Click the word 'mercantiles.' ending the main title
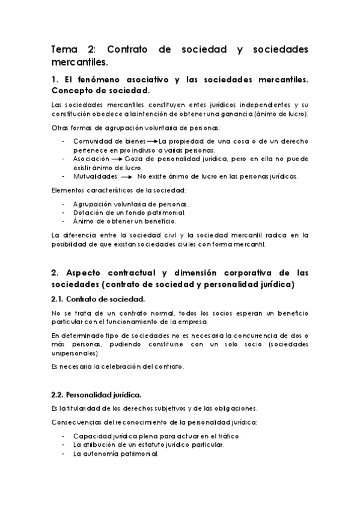80,62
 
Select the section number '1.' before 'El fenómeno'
55,80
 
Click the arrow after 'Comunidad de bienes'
152,141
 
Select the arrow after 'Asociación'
115,159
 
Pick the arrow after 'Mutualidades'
126,177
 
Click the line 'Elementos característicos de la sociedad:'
118,191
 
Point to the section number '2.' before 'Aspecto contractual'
55,271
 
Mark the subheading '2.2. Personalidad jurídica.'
97,395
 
